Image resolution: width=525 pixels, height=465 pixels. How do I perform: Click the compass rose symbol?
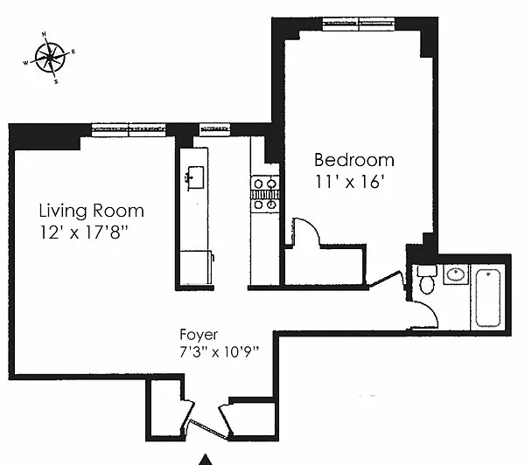click(50, 58)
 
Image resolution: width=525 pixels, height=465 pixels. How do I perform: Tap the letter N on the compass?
click(45, 34)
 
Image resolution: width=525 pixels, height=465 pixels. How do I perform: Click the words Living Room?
click(91, 211)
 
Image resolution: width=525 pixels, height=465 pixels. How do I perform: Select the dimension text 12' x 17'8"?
click(84, 232)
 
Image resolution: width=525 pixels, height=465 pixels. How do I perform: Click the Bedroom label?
click(354, 160)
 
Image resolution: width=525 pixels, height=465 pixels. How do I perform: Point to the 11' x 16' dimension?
click(349, 182)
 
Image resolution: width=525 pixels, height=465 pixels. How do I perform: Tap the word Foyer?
click(199, 335)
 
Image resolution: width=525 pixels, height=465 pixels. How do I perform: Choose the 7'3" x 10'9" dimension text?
click(220, 352)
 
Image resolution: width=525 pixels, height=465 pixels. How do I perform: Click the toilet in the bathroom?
click(427, 279)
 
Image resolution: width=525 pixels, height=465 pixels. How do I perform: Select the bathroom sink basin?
click(456, 275)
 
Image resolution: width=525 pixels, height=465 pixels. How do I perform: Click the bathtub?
click(488, 298)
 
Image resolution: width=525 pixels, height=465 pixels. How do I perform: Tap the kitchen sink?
click(194, 177)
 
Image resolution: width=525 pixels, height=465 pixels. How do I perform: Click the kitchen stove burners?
click(265, 194)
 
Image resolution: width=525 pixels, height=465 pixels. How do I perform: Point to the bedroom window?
click(359, 24)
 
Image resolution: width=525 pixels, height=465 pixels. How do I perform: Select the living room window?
click(129, 130)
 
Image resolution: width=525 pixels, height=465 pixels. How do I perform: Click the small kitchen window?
click(214, 129)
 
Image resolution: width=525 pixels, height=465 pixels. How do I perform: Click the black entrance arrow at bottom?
click(206, 460)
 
